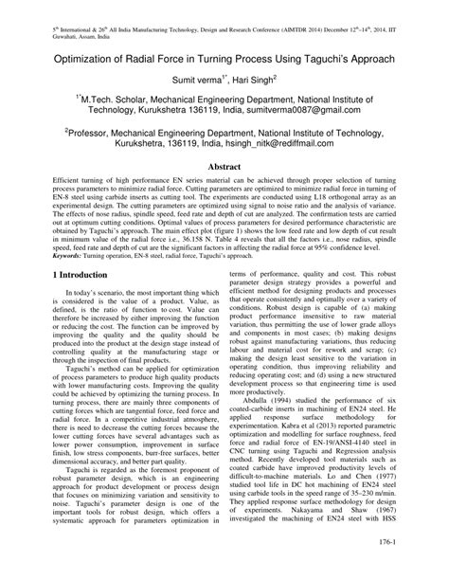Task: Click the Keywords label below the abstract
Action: point(45,308)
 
